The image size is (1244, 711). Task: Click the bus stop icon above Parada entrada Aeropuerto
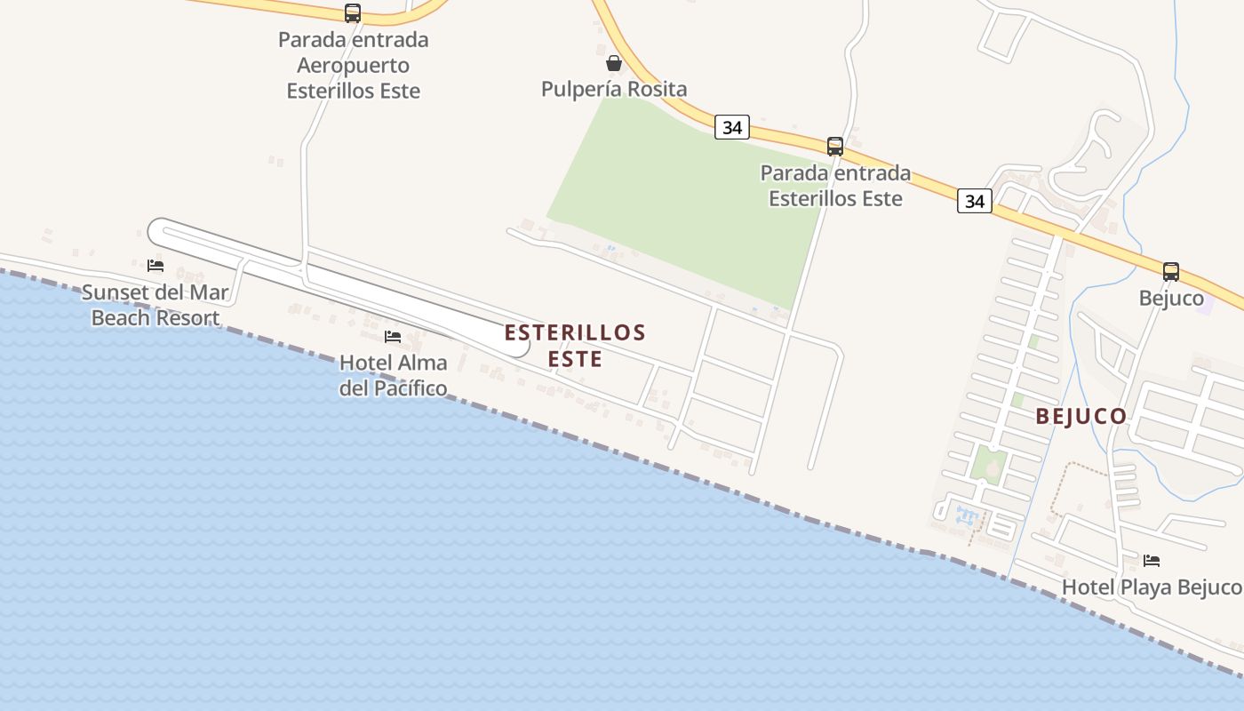point(353,13)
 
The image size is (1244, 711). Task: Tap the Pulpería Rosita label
point(614,89)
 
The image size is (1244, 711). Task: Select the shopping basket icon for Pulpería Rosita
point(613,63)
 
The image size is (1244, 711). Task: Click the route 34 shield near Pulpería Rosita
point(731,128)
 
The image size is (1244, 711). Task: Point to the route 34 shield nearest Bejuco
point(975,202)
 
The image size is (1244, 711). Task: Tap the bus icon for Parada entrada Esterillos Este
point(835,147)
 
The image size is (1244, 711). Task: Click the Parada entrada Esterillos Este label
point(835,185)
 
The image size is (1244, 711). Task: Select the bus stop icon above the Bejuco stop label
point(1171,272)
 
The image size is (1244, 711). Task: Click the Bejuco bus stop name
point(1171,299)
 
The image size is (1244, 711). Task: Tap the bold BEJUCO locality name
point(1081,416)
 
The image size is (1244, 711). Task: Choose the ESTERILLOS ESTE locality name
point(575,346)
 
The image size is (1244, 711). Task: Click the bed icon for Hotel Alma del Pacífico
point(393,337)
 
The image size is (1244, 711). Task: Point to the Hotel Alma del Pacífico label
point(393,375)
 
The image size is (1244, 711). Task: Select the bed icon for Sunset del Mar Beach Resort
point(155,266)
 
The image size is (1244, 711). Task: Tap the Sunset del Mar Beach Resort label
point(155,305)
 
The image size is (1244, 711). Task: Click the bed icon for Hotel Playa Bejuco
point(1152,561)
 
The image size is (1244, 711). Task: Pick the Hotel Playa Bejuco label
point(1152,587)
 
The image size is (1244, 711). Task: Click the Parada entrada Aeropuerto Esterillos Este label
point(353,65)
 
